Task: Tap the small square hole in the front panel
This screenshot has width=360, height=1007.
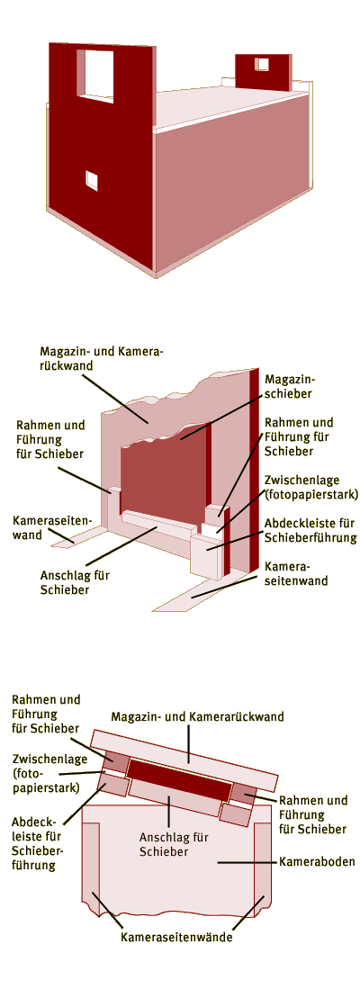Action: point(93,181)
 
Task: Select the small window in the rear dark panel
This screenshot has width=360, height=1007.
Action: point(262,64)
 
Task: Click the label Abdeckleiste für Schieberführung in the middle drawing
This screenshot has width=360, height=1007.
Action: point(310,530)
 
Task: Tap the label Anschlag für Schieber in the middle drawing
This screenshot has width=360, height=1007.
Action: point(74,582)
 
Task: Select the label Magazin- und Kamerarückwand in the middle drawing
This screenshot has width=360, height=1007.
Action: point(102,358)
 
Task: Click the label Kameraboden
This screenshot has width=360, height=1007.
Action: point(317,861)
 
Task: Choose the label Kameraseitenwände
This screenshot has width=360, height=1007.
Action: point(176,937)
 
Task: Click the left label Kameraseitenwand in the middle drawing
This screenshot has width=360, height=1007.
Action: point(52,526)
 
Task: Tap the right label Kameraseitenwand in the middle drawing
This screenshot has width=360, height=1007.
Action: point(296,573)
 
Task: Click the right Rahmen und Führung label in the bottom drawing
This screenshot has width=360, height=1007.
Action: point(313,814)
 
